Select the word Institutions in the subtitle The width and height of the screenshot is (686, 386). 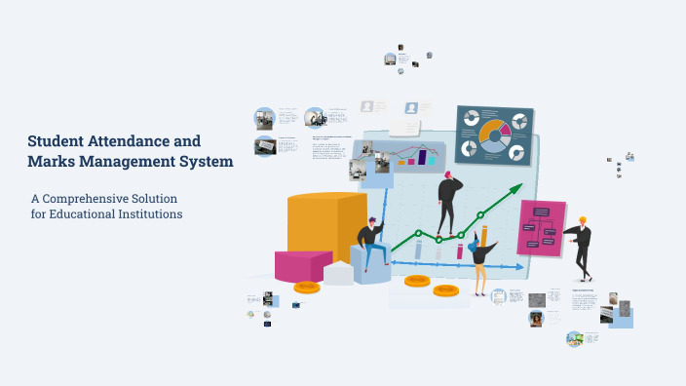(x=149, y=213)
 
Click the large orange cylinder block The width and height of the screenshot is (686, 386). (x=325, y=224)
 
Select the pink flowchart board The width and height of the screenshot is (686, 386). (x=542, y=226)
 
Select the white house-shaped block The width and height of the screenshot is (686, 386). (x=338, y=272)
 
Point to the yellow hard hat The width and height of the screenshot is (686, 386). (x=583, y=219)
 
